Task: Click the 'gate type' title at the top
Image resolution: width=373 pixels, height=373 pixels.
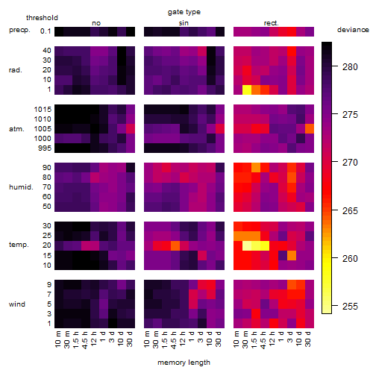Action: point(184,12)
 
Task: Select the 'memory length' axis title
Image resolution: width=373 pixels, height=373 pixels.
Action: point(184,363)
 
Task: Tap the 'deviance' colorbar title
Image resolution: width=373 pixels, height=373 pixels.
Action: point(353,30)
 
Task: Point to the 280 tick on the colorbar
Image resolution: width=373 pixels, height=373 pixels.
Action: point(335,66)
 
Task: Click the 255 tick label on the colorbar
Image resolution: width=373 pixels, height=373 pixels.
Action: point(350,306)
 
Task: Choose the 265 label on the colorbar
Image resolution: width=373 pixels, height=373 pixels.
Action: point(350,210)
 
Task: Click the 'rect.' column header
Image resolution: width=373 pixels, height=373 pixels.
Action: point(271,23)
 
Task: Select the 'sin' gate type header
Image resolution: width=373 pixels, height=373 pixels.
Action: point(184,23)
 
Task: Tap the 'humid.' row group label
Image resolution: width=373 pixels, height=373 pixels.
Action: point(21,187)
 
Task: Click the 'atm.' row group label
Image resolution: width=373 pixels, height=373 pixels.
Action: point(16,129)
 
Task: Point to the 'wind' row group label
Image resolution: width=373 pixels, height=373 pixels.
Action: point(17,304)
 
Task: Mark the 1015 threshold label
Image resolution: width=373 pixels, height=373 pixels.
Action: point(43,110)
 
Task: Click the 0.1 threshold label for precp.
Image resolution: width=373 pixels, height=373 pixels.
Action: point(46,31)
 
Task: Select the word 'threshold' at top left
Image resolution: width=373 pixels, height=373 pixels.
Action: point(42,18)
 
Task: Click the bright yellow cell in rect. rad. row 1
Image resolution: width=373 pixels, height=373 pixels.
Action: point(247,90)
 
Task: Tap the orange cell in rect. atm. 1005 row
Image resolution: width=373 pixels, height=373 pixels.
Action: point(310,129)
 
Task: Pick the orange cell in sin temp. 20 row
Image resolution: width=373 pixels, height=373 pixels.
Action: point(175,245)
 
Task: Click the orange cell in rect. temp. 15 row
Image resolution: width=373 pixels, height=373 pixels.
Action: point(292,255)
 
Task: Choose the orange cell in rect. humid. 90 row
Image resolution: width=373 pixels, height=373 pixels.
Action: point(256,168)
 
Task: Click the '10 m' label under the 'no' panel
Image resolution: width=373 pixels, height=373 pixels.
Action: point(57,339)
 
